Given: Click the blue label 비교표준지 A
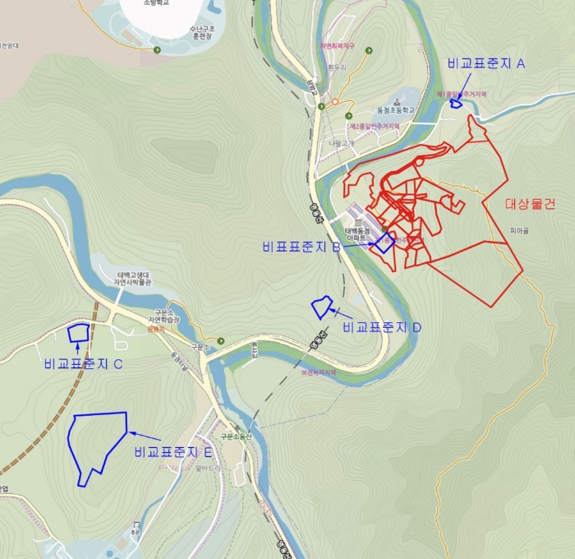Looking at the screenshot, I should tap(486, 64).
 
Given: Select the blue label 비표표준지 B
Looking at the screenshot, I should tap(301, 246).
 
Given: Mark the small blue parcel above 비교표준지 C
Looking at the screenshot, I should tap(79, 333).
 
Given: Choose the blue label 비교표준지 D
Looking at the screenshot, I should tap(382, 327).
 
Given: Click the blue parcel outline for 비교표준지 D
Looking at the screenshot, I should tap(322, 307).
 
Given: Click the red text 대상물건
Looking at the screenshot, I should tap(530, 204).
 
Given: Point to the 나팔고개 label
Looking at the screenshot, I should tap(342, 142).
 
